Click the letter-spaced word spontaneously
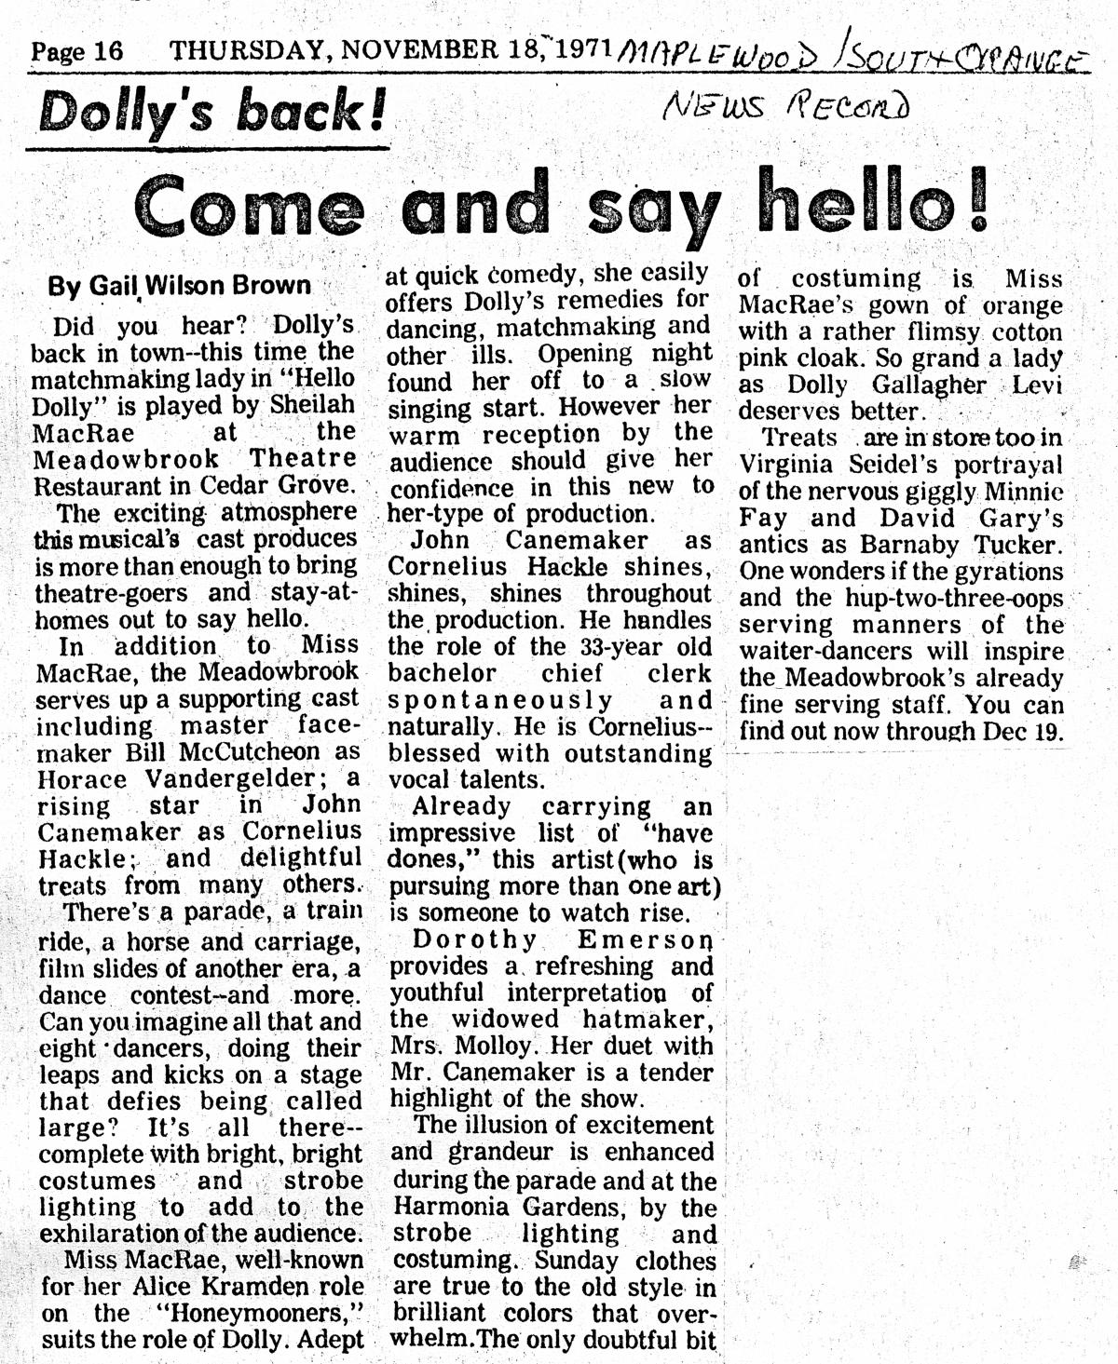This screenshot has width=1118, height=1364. coord(501,700)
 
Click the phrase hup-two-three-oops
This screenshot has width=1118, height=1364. coord(948,598)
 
